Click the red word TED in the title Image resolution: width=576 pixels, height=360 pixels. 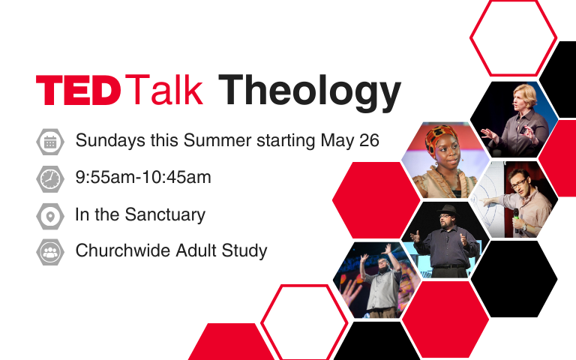[78, 90]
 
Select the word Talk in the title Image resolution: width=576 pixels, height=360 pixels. [164, 90]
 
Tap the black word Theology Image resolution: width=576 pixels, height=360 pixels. [309, 91]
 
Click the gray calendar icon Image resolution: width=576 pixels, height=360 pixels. [50, 142]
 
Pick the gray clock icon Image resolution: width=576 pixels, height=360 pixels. [50, 179]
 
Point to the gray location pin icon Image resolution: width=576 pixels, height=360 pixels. [50, 216]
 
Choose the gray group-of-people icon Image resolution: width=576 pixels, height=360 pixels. [50, 252]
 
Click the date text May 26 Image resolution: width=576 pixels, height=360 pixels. [349, 141]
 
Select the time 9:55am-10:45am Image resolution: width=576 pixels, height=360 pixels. [143, 178]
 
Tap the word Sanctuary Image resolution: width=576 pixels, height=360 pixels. [165, 215]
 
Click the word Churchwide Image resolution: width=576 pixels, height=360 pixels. [123, 250]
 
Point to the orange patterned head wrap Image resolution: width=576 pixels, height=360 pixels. [440, 139]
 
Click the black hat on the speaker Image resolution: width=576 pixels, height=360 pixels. [447, 211]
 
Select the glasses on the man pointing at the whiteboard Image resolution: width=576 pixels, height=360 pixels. [518, 182]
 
